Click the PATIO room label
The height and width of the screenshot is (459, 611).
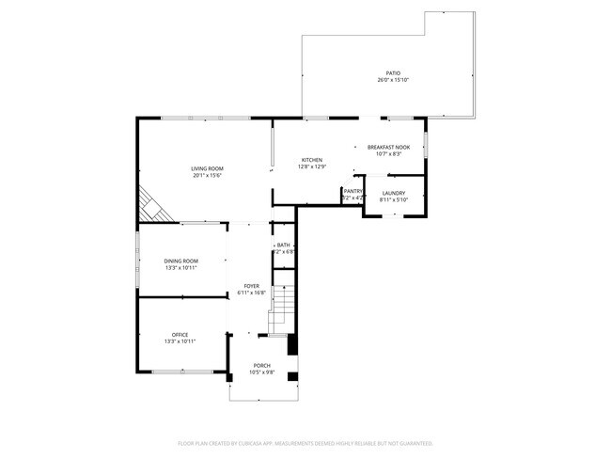pyautogui.click(x=393, y=72)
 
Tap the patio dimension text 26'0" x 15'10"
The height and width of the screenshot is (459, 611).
pyautogui.click(x=393, y=80)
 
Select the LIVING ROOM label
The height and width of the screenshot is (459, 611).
pyautogui.click(x=208, y=168)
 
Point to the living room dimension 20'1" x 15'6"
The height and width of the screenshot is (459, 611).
pyautogui.click(x=208, y=176)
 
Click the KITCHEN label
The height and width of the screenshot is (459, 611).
pyautogui.click(x=312, y=160)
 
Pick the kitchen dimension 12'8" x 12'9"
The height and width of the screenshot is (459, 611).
pyautogui.click(x=312, y=167)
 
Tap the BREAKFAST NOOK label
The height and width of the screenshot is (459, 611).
pyautogui.click(x=388, y=147)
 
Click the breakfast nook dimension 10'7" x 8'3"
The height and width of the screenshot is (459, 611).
pyautogui.click(x=388, y=154)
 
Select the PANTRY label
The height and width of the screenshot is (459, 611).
pyautogui.click(x=352, y=191)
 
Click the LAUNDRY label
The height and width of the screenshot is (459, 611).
pyautogui.click(x=393, y=193)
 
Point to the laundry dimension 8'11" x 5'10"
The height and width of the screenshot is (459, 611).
pyautogui.click(x=393, y=200)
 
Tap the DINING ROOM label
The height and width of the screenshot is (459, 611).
pyautogui.click(x=180, y=261)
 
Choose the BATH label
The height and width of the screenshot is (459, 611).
pyautogui.click(x=283, y=245)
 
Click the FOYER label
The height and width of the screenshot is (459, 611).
pyautogui.click(x=252, y=285)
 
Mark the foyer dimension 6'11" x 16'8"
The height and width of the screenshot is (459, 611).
pyautogui.click(x=252, y=293)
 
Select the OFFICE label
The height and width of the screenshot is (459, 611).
pyautogui.click(x=180, y=335)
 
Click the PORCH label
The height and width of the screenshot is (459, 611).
pyautogui.click(x=261, y=365)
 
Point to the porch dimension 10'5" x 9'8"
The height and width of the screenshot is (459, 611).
pyautogui.click(x=261, y=372)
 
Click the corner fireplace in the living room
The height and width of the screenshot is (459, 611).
pyautogui.click(x=151, y=206)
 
